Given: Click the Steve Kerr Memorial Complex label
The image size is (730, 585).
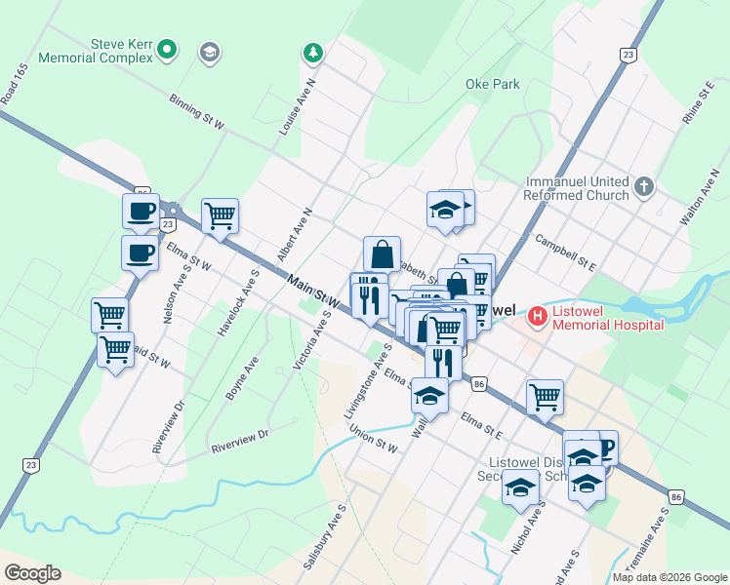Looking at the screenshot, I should (95, 51).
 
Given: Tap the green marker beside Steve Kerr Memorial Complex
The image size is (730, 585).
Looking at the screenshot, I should (167, 46).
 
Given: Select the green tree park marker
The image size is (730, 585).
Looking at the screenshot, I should (311, 51).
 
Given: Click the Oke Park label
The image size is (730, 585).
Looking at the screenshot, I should (493, 85).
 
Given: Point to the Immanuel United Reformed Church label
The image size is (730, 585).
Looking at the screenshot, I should (577, 188).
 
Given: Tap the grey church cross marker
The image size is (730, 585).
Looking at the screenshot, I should (643, 186).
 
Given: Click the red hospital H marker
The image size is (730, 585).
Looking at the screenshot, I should (536, 316).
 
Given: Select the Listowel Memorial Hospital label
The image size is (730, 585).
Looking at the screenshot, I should (608, 317).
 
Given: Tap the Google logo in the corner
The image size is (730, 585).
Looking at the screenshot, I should (31, 572).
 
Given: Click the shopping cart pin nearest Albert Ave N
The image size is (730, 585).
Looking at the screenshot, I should (221, 215).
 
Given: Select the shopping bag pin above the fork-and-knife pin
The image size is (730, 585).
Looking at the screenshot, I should (383, 253).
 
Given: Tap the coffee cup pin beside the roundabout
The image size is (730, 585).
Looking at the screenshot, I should (141, 211).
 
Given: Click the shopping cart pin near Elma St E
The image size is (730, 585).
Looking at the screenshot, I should (545, 396).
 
